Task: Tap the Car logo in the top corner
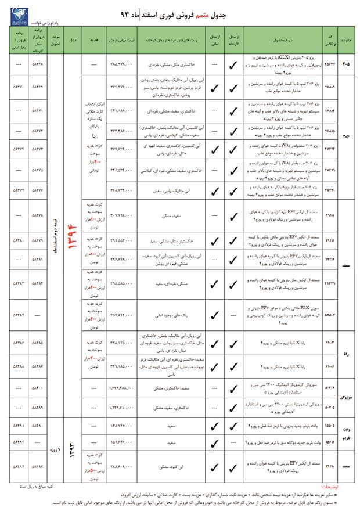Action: click(13, 15)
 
